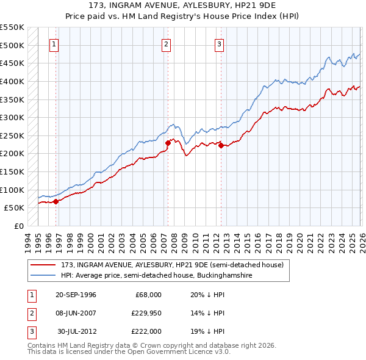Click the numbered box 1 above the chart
[54, 43]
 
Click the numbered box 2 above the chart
[167, 43]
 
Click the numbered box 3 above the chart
[219, 43]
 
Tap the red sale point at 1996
[56, 201]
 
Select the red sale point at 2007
[168, 142]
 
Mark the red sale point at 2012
[221, 145]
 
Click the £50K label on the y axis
[14, 207]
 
